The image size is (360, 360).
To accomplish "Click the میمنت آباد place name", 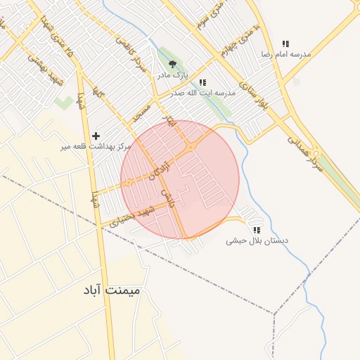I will (111, 289).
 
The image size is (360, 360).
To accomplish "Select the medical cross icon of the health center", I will (96, 135).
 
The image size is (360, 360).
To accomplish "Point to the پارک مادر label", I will (172, 74).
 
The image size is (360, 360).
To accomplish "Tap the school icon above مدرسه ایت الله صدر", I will (202, 82).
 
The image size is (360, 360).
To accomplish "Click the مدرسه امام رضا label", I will (285, 54).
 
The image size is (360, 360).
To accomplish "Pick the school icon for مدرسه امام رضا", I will (285, 44).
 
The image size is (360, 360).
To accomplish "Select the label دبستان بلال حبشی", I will (257, 240).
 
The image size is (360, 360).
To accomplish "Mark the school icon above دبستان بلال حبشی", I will (257, 229).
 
